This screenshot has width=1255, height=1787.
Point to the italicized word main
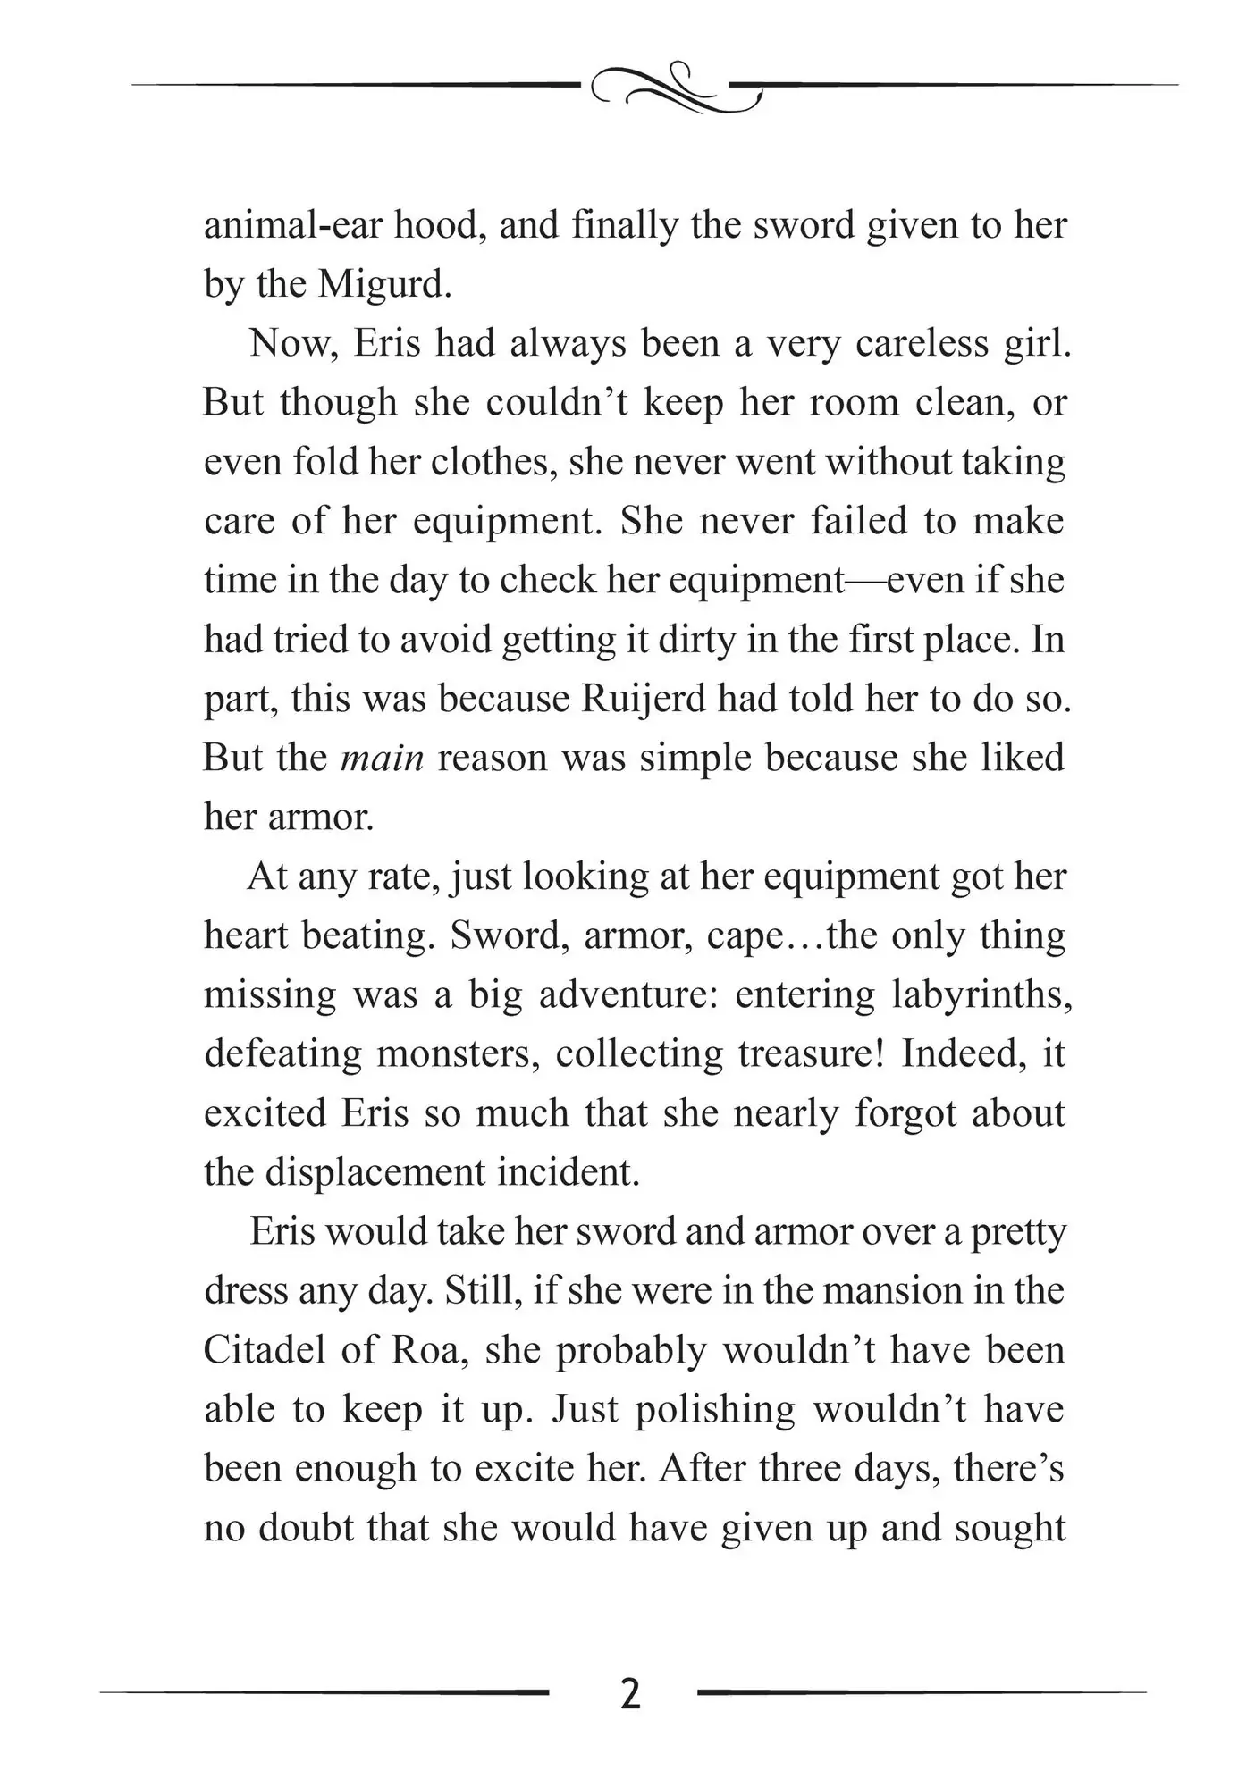(383, 758)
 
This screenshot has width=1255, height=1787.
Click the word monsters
(456, 1053)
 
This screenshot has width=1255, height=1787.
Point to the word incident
(569, 1171)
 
